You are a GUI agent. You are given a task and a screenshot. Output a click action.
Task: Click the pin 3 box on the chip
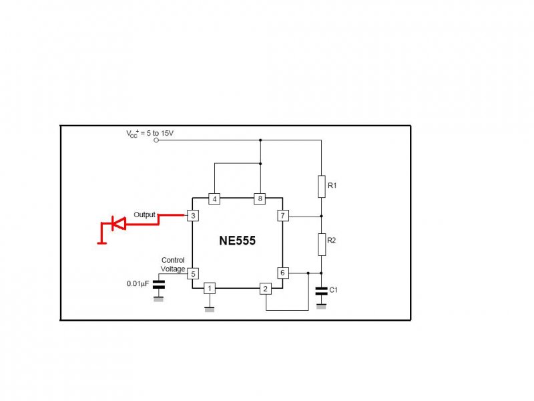point(192,216)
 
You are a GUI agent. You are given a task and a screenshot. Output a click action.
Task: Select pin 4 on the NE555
point(214,198)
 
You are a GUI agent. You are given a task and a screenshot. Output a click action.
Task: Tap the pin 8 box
point(260,198)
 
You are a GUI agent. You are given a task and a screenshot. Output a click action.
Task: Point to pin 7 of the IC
point(282,216)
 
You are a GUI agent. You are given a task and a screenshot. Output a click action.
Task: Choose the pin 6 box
point(282,273)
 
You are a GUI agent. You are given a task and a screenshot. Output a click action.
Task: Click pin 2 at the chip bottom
point(266,289)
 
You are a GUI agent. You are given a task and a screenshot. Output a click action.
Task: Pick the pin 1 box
point(209,289)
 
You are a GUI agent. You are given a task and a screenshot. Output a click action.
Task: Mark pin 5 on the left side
point(192,273)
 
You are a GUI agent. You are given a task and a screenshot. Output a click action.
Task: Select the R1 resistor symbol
point(321,186)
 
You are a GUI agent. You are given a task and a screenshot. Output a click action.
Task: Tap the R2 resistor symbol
point(321,245)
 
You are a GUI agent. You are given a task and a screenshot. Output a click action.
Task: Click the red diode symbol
point(117,225)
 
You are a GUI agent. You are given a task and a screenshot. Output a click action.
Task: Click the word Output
point(144,215)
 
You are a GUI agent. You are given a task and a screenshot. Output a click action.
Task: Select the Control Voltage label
point(173,265)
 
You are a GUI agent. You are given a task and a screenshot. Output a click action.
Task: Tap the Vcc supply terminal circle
point(156,140)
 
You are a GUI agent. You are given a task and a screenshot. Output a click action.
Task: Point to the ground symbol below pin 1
point(209,309)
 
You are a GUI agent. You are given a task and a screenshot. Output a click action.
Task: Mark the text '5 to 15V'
point(160,133)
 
